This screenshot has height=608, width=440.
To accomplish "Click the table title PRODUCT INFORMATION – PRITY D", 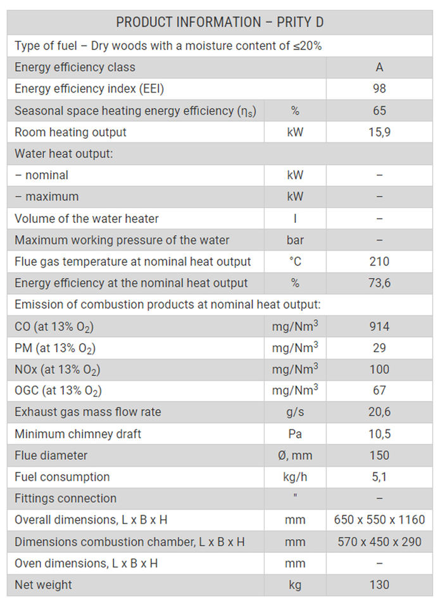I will [220, 22].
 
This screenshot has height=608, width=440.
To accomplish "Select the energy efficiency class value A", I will [379, 67].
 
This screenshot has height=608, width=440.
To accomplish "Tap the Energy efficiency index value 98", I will [379, 89].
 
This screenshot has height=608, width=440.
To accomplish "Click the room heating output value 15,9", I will [379, 132].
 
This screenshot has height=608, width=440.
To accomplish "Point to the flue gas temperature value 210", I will [379, 262].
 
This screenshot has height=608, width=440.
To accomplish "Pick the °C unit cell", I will [295, 262].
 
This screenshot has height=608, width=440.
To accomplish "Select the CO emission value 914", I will [379, 327].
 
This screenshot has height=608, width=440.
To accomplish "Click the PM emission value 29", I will [379, 348].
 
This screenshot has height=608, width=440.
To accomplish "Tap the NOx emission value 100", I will [379, 369].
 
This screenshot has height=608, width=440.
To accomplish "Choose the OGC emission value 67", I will [379, 391].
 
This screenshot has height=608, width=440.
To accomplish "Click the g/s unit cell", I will [295, 412].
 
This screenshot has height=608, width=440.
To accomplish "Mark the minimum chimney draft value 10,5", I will [379, 434].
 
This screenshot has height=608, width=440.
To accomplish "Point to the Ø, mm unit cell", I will [295, 455].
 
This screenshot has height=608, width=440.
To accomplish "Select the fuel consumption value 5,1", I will [379, 477].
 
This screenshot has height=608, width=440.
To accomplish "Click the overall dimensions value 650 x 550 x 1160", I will [379, 520].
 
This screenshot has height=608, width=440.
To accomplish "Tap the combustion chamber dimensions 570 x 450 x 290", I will [379, 541].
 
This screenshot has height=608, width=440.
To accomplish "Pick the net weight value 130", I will [379, 585].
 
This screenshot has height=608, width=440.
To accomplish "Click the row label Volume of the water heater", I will [87, 218].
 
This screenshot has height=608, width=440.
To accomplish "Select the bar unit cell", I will [295, 240].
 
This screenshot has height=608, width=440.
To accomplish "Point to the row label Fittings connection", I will [66, 498].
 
